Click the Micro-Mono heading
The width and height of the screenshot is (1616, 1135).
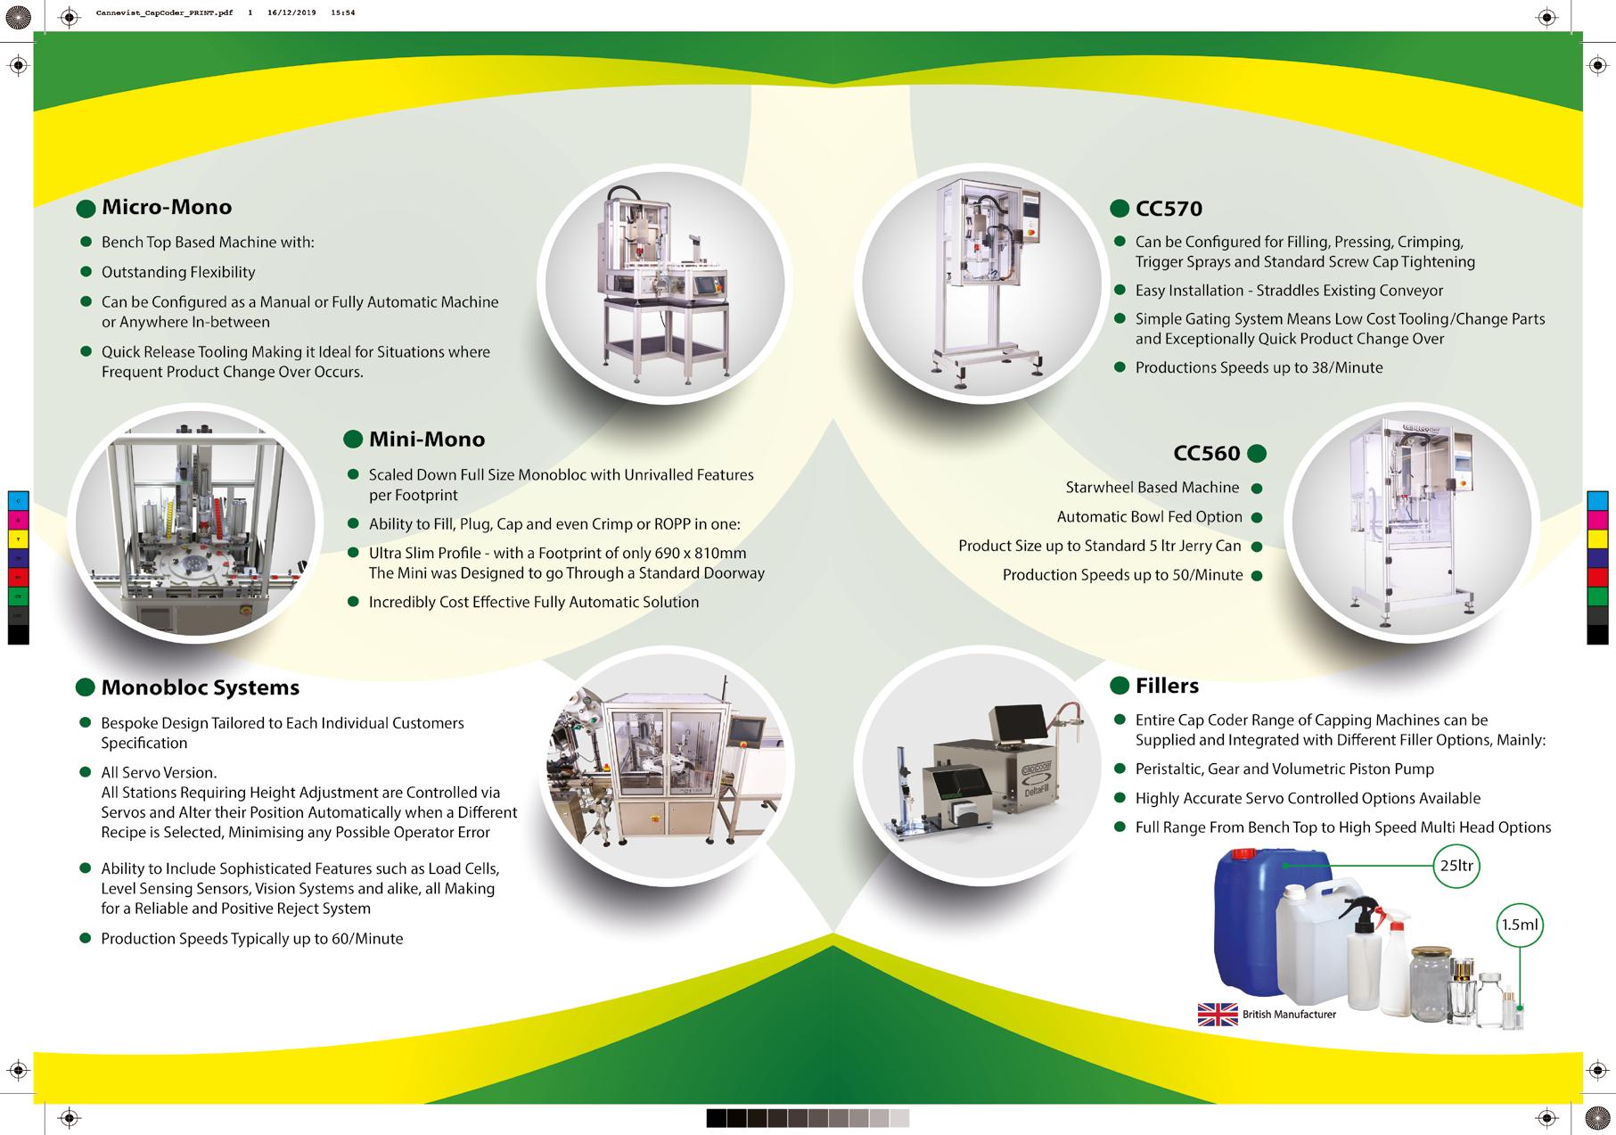(x=166, y=208)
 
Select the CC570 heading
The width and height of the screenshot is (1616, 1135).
(x=1169, y=210)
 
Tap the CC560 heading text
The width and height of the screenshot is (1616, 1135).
(x=1206, y=454)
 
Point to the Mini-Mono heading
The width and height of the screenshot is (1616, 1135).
(x=426, y=440)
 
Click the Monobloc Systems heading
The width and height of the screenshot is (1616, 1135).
(x=200, y=688)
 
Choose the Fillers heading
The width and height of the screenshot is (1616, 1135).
(x=1167, y=687)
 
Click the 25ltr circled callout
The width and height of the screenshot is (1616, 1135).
(x=1456, y=866)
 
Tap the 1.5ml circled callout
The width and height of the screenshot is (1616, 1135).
(x=1519, y=925)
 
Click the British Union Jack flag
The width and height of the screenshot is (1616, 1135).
(x=1218, y=1015)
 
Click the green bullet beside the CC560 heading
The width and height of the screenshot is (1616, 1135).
(x=1257, y=454)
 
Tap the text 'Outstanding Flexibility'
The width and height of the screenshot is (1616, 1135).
(x=178, y=273)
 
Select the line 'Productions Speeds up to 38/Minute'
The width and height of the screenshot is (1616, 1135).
(x=1259, y=368)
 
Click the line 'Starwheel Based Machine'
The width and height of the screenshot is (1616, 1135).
(x=1152, y=488)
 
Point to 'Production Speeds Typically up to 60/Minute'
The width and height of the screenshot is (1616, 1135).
(x=251, y=939)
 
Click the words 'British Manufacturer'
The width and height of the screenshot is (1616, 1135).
(x=1289, y=1015)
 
